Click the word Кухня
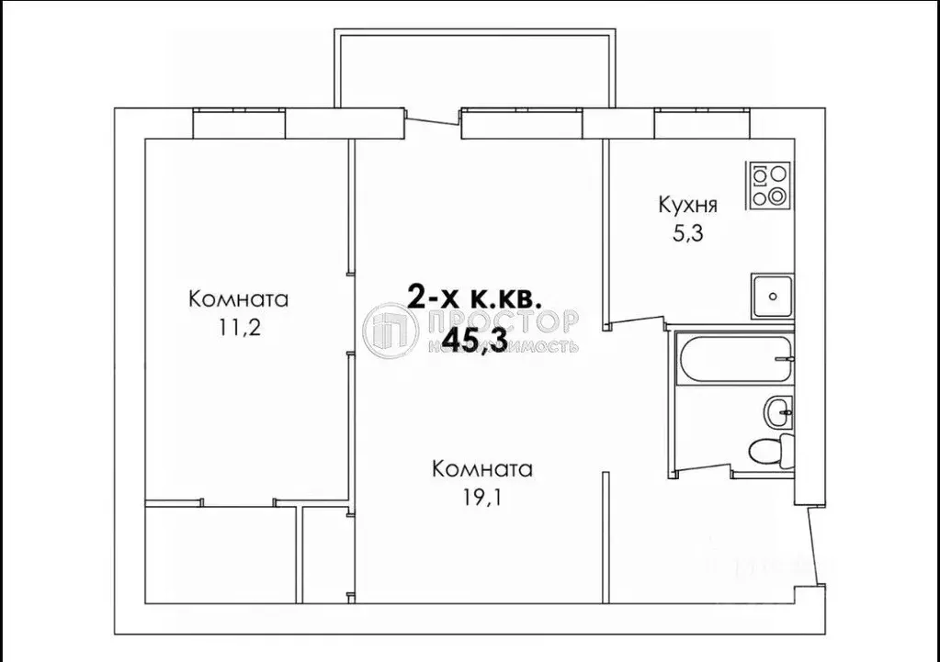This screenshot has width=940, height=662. coord(686,204)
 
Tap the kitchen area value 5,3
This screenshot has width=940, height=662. coord(686,233)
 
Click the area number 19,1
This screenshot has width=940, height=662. coord(482,499)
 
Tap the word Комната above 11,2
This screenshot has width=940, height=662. coord(238,299)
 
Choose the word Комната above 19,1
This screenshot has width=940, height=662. coord(482,469)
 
